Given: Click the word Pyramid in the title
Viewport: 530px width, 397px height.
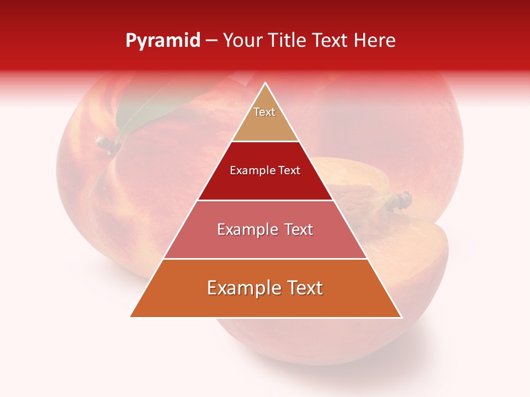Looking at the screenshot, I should (163, 40).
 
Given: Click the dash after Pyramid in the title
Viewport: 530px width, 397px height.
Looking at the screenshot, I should (211, 41).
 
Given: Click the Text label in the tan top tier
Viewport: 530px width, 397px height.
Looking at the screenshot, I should (264, 112).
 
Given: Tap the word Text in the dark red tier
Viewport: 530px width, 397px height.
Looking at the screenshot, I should (290, 170).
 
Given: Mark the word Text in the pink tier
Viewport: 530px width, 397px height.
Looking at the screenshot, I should (299, 229).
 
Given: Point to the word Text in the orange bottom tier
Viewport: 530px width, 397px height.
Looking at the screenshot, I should (305, 288).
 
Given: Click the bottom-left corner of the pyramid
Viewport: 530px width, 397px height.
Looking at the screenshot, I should (130, 317).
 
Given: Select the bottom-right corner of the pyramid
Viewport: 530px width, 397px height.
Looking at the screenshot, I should (401, 317).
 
